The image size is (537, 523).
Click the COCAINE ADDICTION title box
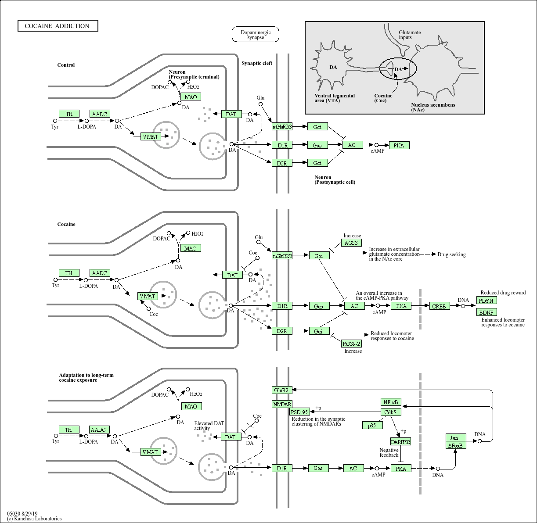tap(58, 26)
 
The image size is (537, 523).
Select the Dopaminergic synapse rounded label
tap(256, 35)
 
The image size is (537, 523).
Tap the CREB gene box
tap(439, 306)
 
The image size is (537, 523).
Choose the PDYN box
tap(487, 301)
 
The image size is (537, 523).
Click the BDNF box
tap(487, 312)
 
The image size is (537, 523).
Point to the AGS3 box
tap(351, 243)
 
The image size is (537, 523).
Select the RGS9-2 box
tap(352, 344)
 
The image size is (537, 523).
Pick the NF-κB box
tap(390, 402)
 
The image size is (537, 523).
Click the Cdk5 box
tap(390, 412)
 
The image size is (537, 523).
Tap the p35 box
tap(372, 425)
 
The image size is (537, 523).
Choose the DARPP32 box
tap(400, 442)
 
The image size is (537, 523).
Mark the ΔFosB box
tap(456, 445)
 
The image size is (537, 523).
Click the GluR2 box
tap(281, 390)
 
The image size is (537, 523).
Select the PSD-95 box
tap(300, 412)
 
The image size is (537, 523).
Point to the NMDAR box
tap(282, 404)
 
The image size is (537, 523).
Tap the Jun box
tap(456, 437)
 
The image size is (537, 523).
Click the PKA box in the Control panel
tap(399, 145)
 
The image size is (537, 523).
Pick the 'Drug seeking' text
tap(451, 254)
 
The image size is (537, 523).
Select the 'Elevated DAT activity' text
tap(209, 426)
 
